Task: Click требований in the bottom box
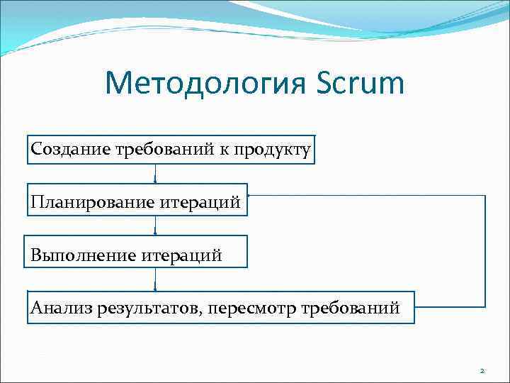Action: click(351, 308)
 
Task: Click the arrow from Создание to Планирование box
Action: click(155, 175)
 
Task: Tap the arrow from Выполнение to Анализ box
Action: click(155, 279)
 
